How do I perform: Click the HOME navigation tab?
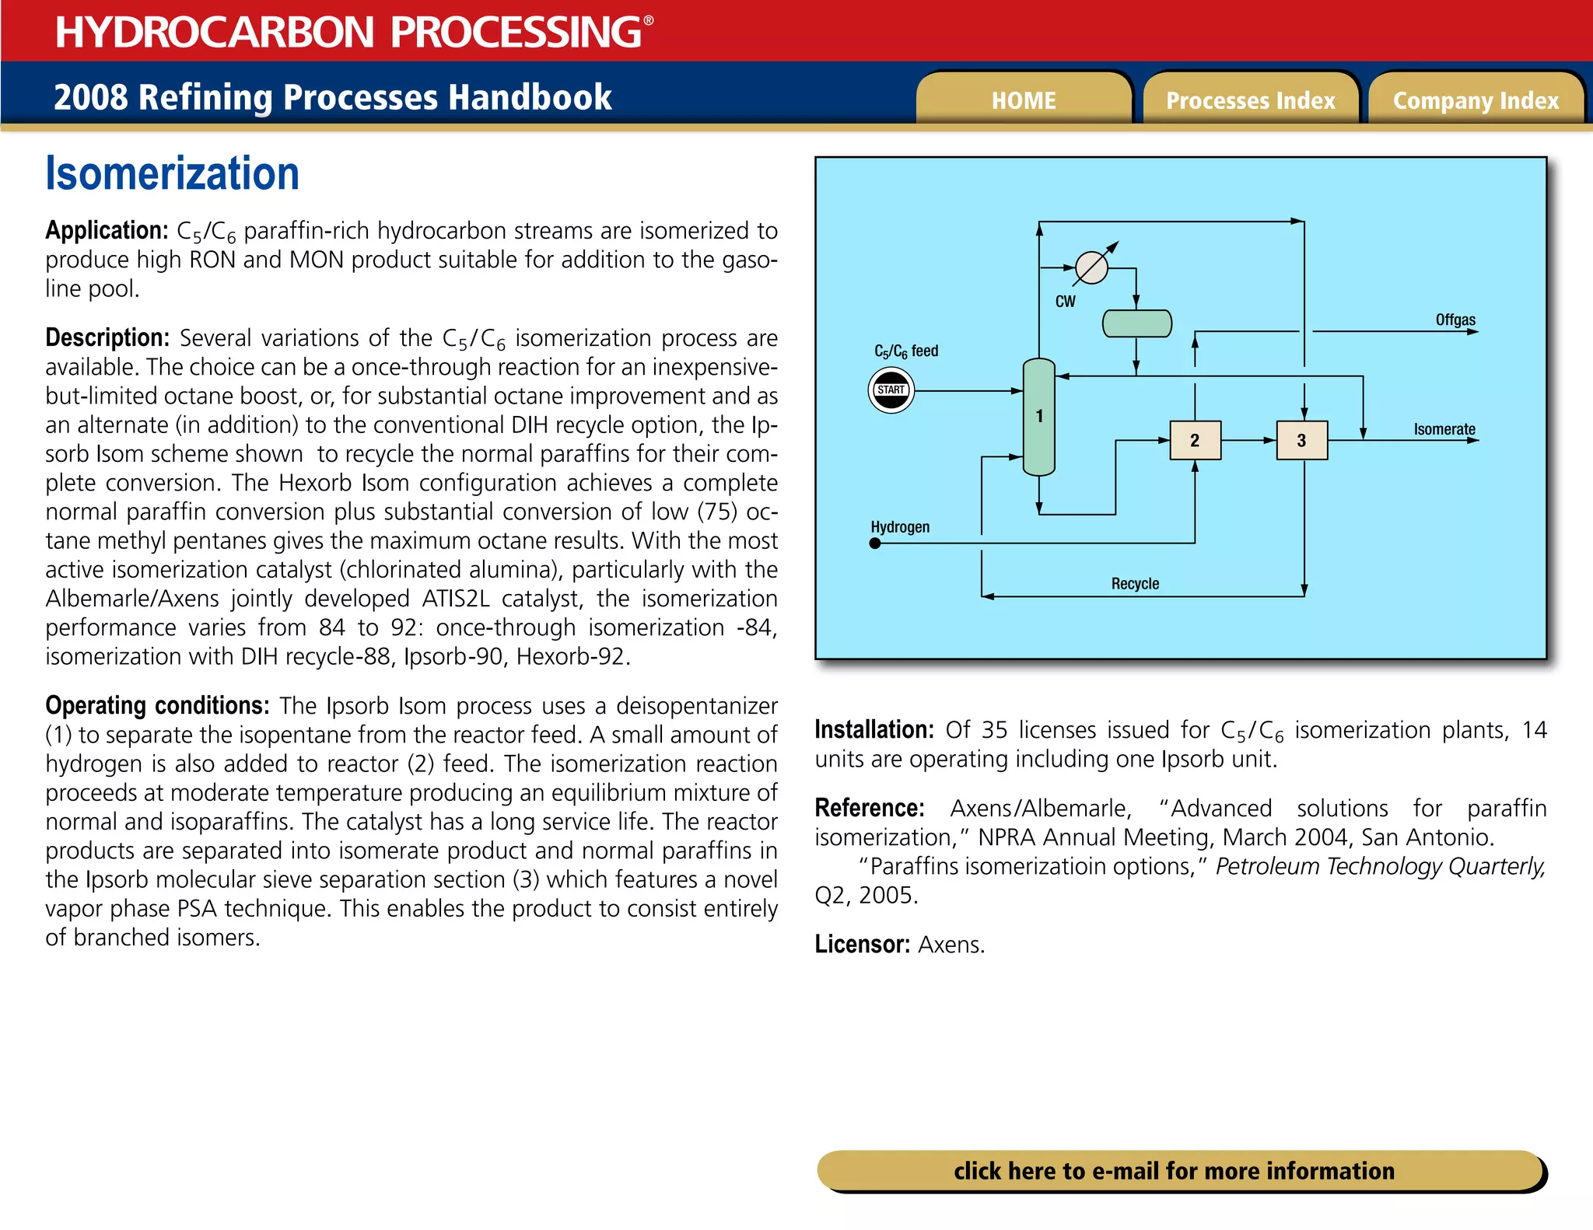tap(1023, 100)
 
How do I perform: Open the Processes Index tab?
tap(1250, 100)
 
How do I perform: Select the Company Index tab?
tap(1476, 100)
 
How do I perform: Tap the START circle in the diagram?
tap(891, 390)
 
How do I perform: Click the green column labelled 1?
tap(1038, 417)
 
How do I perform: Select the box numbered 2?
tap(1195, 440)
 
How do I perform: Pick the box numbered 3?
tap(1301, 440)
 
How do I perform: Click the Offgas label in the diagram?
tap(1455, 320)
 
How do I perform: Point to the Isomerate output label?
tap(1444, 429)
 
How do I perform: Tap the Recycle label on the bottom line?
tap(1135, 583)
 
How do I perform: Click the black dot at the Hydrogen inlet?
tap(875, 543)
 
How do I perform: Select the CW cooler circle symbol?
tap(1091, 268)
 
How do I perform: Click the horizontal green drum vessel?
tap(1136, 323)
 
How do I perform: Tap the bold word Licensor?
tap(862, 944)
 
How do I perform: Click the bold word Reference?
tap(869, 808)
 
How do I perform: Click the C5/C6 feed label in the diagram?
tap(906, 351)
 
